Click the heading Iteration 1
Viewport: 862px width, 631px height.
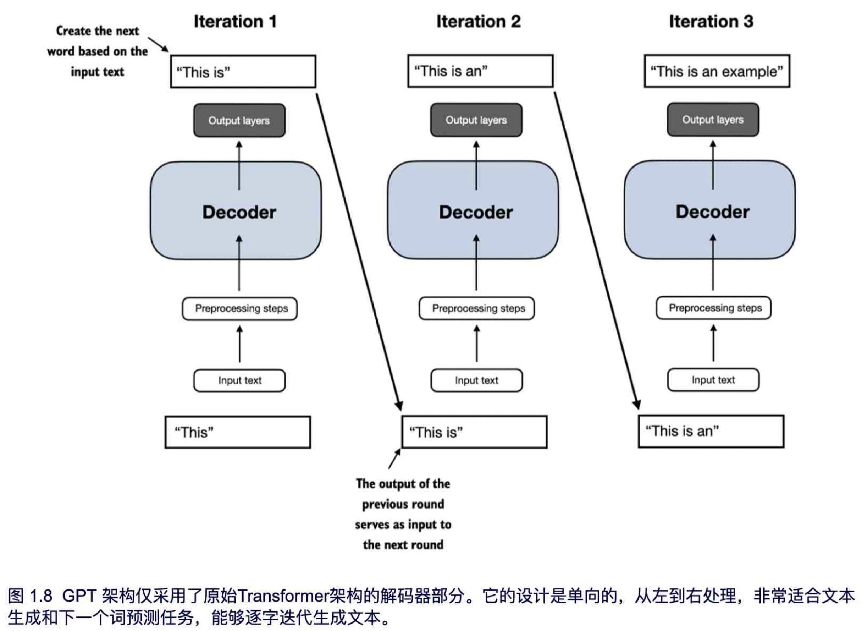pos(235,21)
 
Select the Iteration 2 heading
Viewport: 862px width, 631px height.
pos(478,21)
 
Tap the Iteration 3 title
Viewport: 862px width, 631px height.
pos(711,21)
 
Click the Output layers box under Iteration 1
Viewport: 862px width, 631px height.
pos(239,120)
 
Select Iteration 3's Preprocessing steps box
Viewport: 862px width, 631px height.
pos(713,308)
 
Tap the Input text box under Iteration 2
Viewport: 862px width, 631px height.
pos(476,380)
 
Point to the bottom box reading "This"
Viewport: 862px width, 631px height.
pos(238,432)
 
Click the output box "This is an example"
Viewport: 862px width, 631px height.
pos(717,71)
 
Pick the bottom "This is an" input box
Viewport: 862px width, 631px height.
pos(711,431)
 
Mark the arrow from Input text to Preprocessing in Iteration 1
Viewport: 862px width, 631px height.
pos(240,344)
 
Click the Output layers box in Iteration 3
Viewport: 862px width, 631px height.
pos(713,120)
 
